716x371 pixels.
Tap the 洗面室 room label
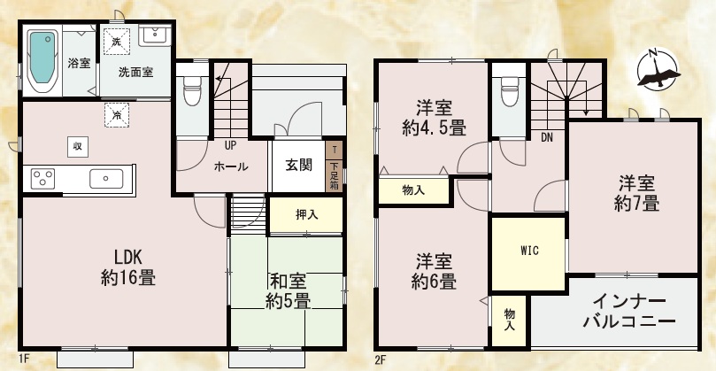point(135,73)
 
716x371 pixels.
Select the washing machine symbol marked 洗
point(117,42)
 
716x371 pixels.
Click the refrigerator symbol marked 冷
point(117,115)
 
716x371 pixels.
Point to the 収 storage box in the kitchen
point(78,147)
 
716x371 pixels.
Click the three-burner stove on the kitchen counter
point(42,179)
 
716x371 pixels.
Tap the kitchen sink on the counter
point(106,179)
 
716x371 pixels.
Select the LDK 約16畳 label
point(128,267)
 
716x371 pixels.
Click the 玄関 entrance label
point(299,166)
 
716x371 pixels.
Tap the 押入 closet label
point(307,215)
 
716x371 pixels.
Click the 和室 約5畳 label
point(289,291)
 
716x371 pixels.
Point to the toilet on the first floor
point(192,90)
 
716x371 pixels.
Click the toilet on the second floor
point(510,91)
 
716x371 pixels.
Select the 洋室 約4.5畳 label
point(434,119)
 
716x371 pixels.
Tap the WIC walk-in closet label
point(529,251)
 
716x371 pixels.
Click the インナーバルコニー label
point(629,312)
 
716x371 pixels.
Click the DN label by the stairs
point(547,137)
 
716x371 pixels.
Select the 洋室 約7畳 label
point(636,193)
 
